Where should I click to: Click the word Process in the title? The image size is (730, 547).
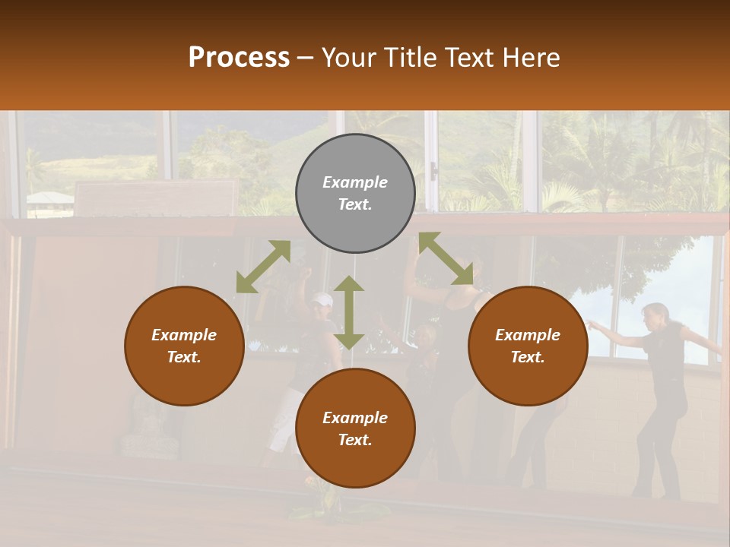pos(239,58)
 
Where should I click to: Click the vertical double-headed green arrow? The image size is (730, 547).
pos(349,312)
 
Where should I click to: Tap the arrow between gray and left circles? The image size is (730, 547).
pos(263,267)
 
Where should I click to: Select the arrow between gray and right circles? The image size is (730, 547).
pos(446,258)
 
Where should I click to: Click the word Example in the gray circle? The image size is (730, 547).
pos(355,182)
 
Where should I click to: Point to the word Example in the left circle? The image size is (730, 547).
pos(184,335)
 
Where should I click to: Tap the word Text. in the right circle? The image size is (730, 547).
pos(528,357)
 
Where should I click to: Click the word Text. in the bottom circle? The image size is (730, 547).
pos(355,440)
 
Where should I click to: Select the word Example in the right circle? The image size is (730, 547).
pos(528,335)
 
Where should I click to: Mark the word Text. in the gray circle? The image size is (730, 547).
pos(355,204)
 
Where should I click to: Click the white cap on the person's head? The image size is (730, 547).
pos(322,299)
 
